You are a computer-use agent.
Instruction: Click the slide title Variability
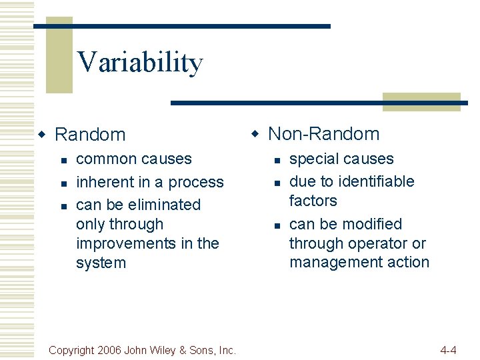(139, 63)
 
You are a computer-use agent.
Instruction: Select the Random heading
(89, 135)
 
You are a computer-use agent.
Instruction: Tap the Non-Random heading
(323, 134)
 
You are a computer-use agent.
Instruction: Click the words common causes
(134, 159)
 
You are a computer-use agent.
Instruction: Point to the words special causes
(341, 159)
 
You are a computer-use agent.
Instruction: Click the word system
(101, 263)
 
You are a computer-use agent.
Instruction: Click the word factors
(313, 201)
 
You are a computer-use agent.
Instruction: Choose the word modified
(369, 224)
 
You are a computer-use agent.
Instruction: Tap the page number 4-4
(448, 350)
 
